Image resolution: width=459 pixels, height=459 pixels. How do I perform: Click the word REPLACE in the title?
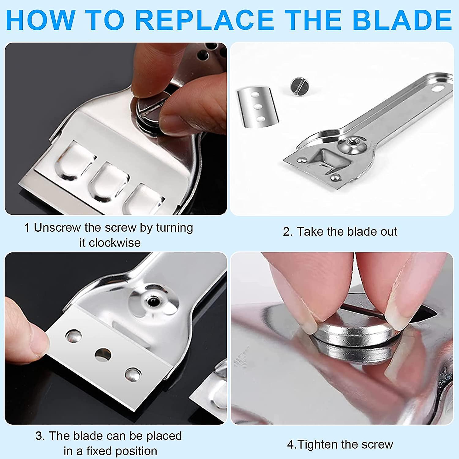pyautogui.click(x=204, y=20)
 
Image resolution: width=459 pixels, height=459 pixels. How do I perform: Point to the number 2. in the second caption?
pyautogui.click(x=288, y=232)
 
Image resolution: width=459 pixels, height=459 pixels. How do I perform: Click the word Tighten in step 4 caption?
pyautogui.click(x=316, y=445)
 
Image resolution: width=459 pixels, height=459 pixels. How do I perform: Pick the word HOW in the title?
pyautogui.click(x=40, y=20)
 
